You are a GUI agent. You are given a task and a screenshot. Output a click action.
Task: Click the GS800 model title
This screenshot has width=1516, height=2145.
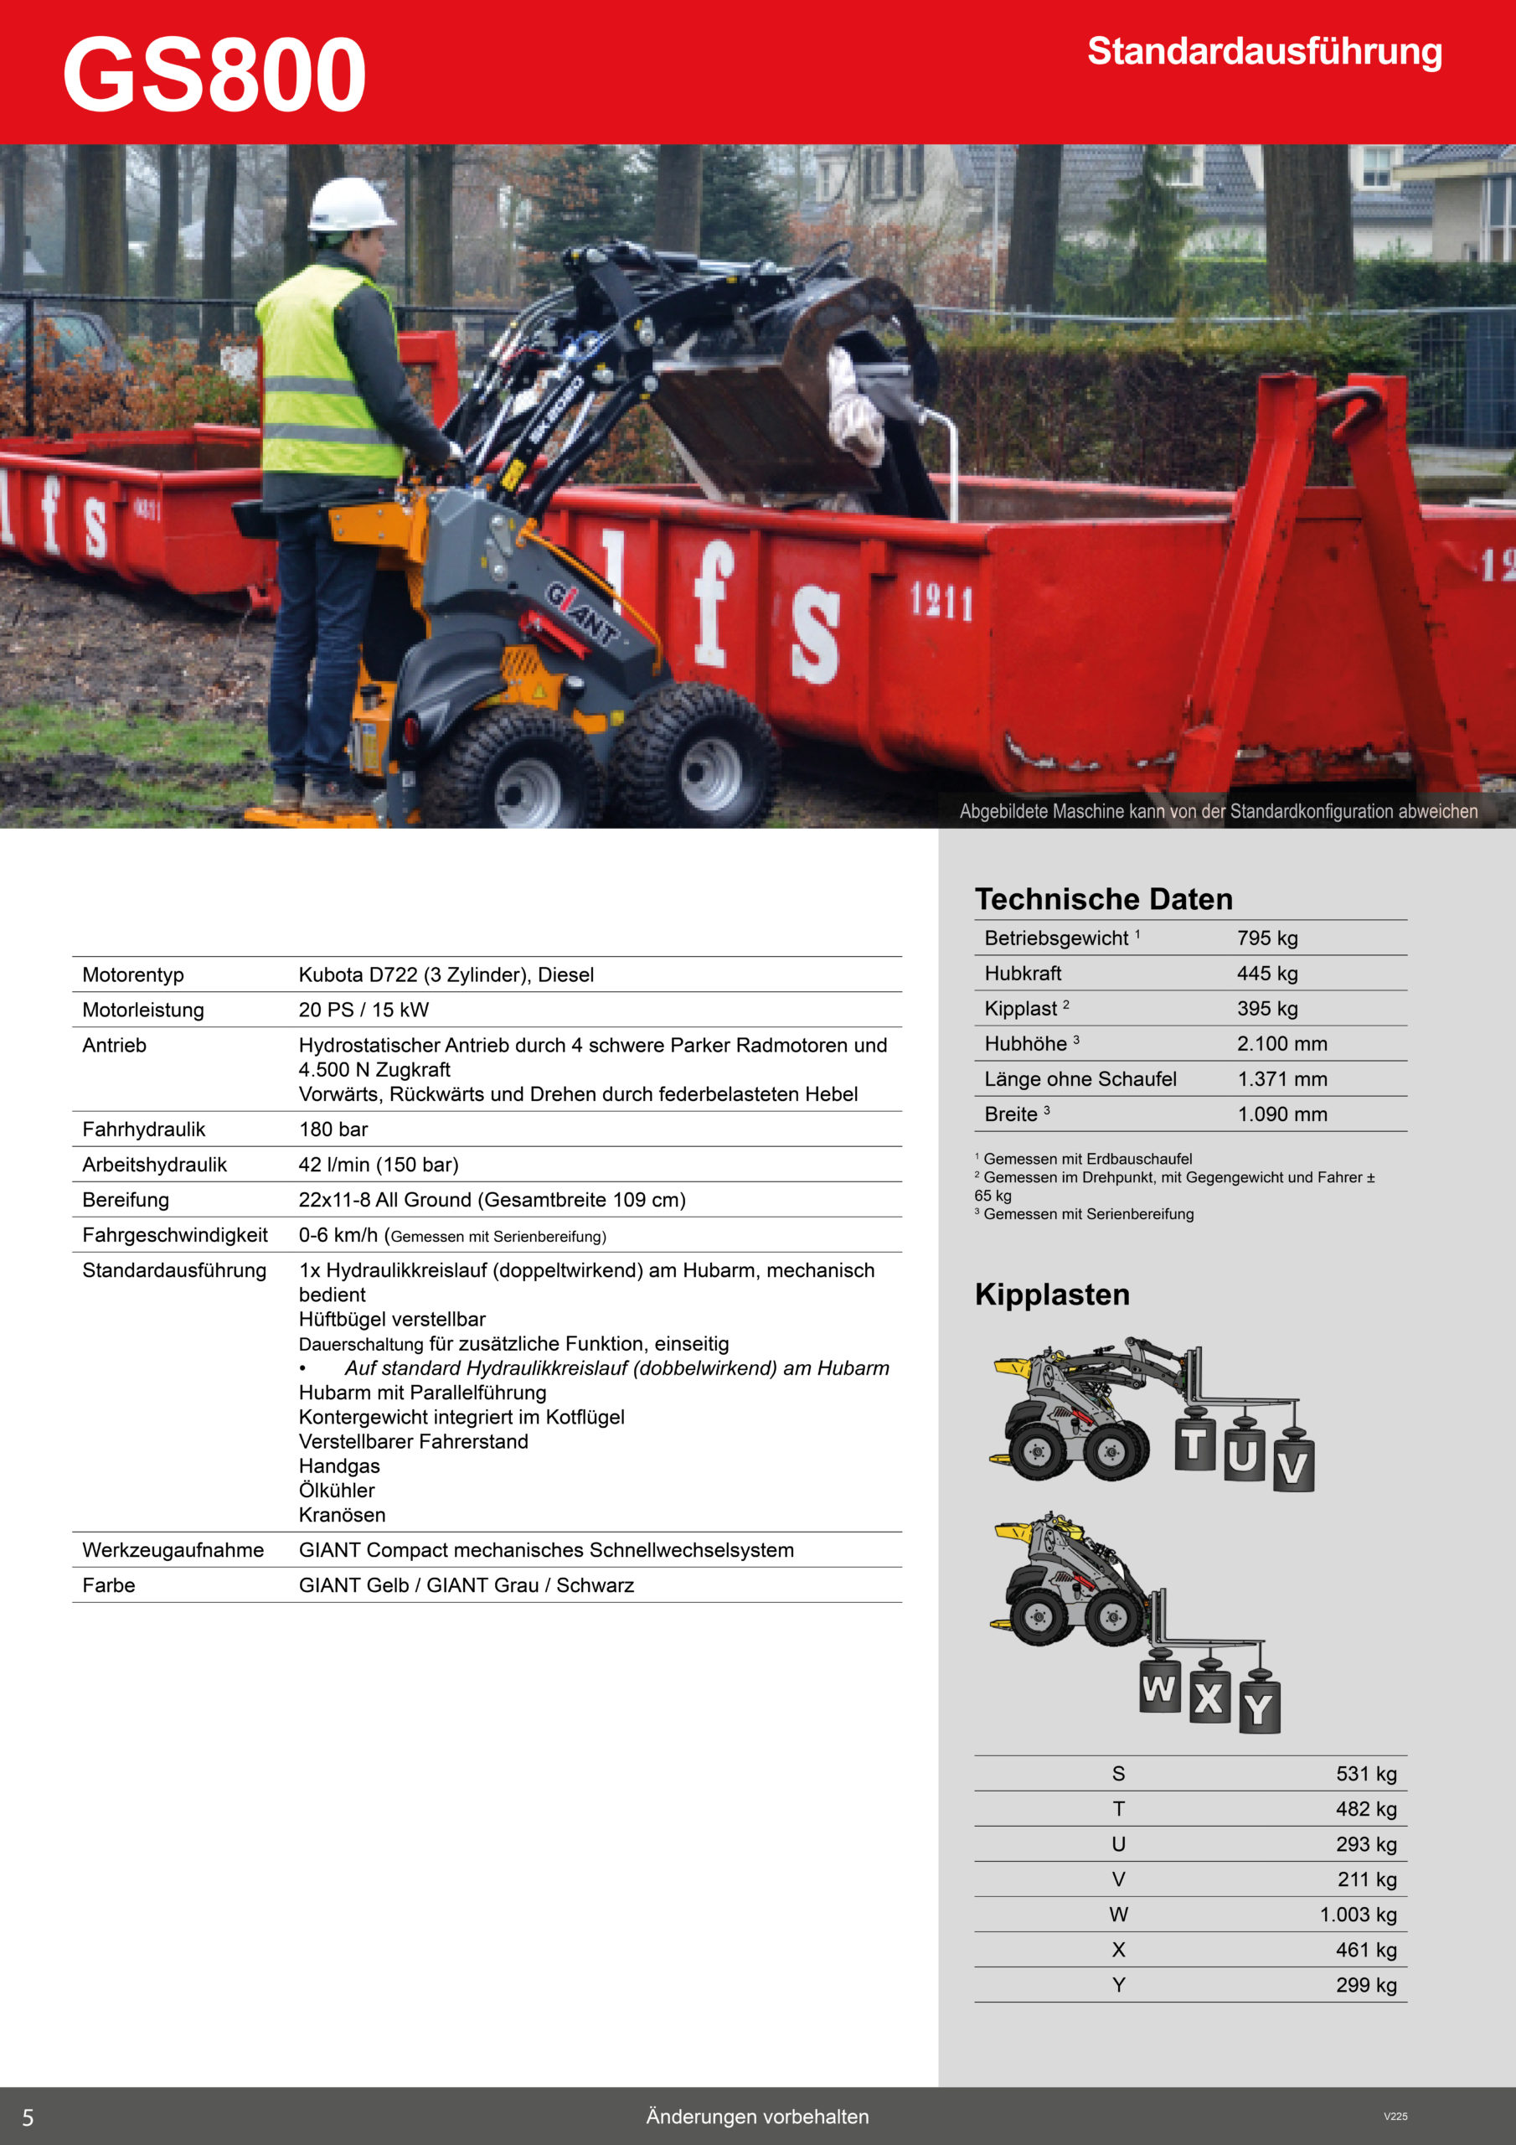point(214,75)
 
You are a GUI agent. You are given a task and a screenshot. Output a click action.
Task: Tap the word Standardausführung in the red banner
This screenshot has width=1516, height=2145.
point(1264,52)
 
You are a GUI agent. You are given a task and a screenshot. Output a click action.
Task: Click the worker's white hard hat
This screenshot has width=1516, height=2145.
point(350,204)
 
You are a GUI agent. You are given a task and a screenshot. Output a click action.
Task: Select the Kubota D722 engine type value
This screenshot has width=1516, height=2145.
point(446,974)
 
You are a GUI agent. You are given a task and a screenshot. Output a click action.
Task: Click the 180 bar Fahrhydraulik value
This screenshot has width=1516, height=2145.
point(333,1129)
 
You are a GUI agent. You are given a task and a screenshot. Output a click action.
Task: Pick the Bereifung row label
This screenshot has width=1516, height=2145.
point(125,1200)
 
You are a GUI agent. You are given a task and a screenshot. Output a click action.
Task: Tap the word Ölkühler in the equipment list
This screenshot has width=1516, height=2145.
point(336,1490)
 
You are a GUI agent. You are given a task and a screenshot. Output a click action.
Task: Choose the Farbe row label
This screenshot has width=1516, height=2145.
point(108,1585)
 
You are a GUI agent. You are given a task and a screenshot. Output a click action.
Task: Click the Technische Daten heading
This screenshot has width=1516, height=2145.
point(1103,899)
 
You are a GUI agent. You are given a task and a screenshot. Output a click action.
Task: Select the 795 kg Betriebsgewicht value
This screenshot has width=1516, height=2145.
point(1266,938)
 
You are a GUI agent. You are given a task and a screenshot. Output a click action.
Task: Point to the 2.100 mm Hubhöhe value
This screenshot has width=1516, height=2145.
point(1281,1043)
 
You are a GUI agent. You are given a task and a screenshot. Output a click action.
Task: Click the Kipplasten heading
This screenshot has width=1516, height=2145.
point(1052,1295)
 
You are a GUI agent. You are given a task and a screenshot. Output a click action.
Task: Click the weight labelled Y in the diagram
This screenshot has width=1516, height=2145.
point(1259,1708)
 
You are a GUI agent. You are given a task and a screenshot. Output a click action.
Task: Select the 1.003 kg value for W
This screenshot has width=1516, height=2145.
point(1357,1915)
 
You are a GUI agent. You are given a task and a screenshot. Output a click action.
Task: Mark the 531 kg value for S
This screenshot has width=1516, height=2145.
point(1365,1773)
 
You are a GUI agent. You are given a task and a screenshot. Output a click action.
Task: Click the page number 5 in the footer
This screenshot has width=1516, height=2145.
point(28,2117)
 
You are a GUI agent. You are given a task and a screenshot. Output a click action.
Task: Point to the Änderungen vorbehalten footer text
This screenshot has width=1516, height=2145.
point(756,2116)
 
